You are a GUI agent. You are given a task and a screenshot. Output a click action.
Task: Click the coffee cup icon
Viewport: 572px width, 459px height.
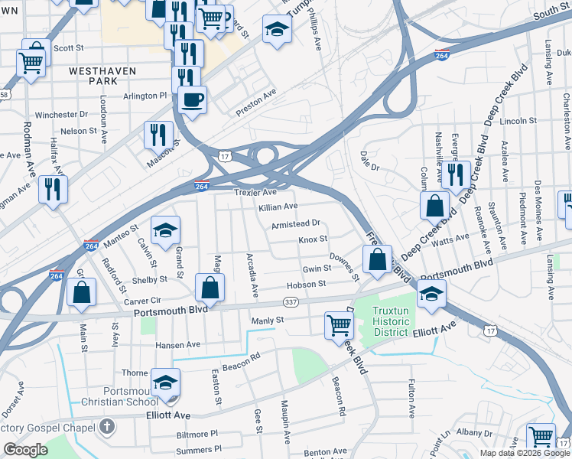[192, 99]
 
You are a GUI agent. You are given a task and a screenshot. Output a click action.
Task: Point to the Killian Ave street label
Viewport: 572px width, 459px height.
[278, 207]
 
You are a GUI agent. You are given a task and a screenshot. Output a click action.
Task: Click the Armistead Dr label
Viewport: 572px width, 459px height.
[295, 223]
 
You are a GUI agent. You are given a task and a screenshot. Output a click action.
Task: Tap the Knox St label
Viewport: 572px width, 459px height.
[313, 239]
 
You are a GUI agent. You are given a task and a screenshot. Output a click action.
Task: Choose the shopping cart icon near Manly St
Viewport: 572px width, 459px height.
[338, 324]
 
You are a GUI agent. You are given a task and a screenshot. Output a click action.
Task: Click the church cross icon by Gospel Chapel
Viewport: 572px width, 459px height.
[108, 426]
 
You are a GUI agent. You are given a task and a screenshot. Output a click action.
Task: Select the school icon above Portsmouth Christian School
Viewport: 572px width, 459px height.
[165, 383]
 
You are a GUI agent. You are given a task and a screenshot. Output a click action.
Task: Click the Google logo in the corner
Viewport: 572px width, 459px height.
[25, 450]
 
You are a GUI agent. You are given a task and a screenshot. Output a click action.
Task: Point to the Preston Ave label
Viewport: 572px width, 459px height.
[255, 105]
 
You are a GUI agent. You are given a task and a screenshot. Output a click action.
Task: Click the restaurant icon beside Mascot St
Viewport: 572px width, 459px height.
[158, 134]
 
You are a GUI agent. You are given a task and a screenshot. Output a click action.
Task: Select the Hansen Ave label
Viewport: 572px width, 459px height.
[177, 345]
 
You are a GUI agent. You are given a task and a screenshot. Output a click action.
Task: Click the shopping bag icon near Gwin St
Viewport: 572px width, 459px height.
[378, 259]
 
